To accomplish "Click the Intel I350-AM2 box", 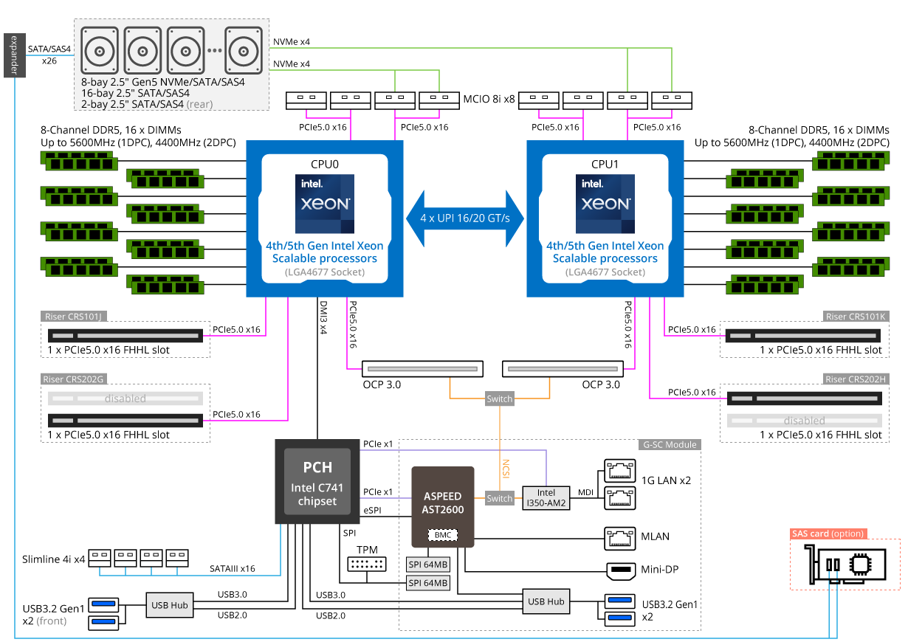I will (546, 498).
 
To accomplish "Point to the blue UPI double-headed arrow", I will (465, 218).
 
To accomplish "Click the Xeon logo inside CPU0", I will (325, 204).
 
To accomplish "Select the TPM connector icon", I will (366, 565).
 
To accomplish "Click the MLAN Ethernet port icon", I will (620, 538).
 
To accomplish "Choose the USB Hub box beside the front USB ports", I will (170, 605).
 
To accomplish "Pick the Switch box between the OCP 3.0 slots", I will (499, 399).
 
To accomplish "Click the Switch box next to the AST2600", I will (499, 498).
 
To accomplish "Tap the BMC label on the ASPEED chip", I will (443, 534).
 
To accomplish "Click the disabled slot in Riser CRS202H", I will (804, 421).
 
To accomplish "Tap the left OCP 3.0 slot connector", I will (422, 367).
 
